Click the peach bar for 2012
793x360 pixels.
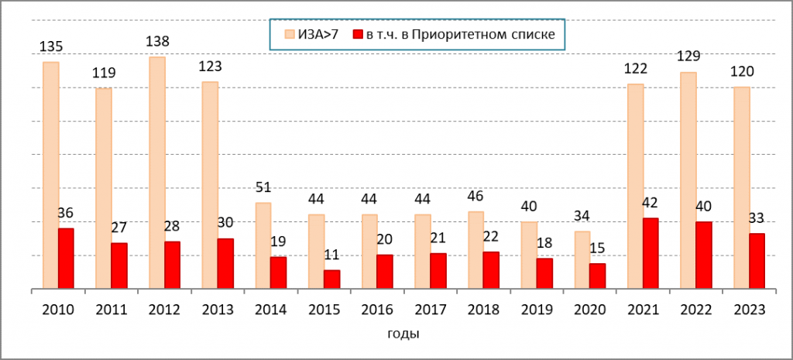point(156,173)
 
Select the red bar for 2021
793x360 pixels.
point(651,253)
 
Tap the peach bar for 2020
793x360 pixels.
point(582,259)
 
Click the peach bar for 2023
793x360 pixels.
point(741,187)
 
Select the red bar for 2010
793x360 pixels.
point(66,258)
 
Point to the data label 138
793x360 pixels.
point(157,42)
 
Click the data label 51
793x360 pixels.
point(263,187)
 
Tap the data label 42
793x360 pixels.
point(651,203)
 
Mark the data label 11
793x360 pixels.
point(331,255)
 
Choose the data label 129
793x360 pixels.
point(687,57)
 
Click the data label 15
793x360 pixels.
point(597,249)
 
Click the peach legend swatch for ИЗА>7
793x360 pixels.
point(289,34)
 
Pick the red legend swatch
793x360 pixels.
point(357,34)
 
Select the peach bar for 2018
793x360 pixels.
point(476,250)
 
